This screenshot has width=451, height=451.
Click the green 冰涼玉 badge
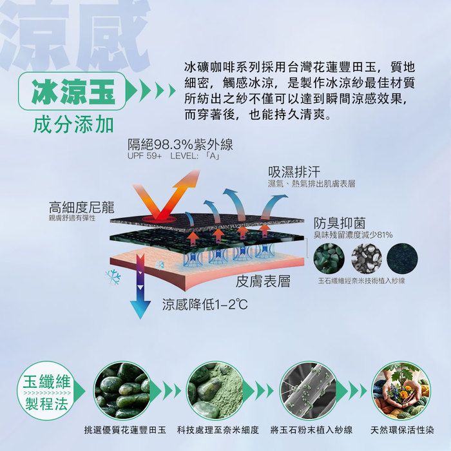(x=72, y=91)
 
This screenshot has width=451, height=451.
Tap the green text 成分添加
(x=73, y=125)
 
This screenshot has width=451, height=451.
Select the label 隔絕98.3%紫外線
(x=180, y=144)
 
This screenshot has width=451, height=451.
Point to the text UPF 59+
(x=145, y=156)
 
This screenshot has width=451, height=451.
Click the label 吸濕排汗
(x=294, y=172)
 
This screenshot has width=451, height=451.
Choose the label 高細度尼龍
(x=82, y=207)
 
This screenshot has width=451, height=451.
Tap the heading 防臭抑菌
(x=340, y=223)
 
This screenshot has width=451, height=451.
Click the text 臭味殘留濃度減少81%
(x=353, y=235)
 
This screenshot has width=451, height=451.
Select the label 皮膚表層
(x=263, y=282)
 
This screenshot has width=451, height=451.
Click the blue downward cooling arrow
(x=140, y=286)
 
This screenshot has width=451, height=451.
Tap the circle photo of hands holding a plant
(x=401, y=391)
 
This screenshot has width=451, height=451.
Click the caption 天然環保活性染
(x=402, y=430)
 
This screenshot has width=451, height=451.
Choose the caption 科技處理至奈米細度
(x=218, y=430)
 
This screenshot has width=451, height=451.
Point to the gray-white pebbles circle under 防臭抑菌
(x=367, y=258)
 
